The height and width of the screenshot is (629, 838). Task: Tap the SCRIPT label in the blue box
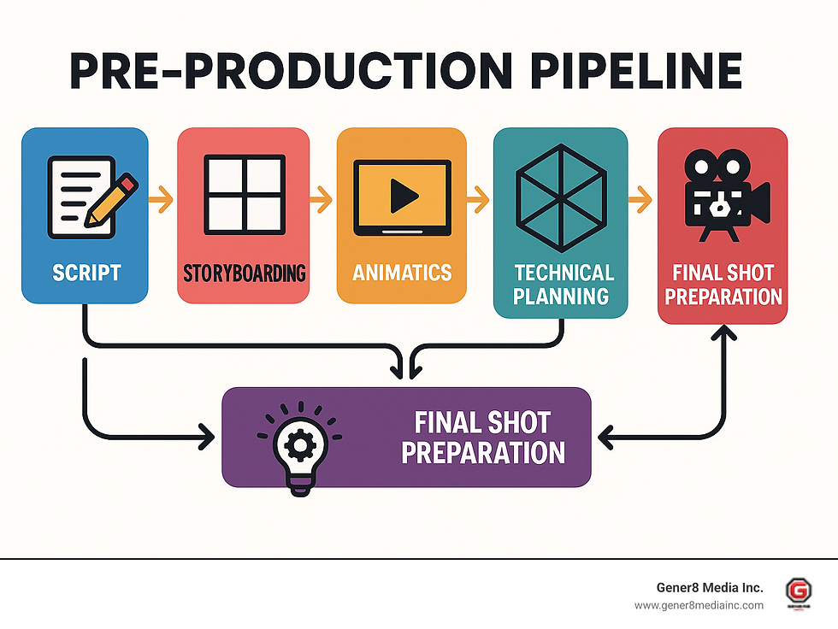click(86, 273)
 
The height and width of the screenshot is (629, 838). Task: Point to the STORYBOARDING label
click(244, 274)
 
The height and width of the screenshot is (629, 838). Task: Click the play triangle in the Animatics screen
click(400, 197)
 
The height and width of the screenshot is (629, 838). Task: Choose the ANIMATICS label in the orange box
click(402, 273)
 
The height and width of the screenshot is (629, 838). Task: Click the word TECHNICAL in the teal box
click(564, 273)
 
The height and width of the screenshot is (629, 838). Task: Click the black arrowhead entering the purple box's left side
click(205, 438)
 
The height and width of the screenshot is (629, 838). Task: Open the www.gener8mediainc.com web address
click(699, 605)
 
